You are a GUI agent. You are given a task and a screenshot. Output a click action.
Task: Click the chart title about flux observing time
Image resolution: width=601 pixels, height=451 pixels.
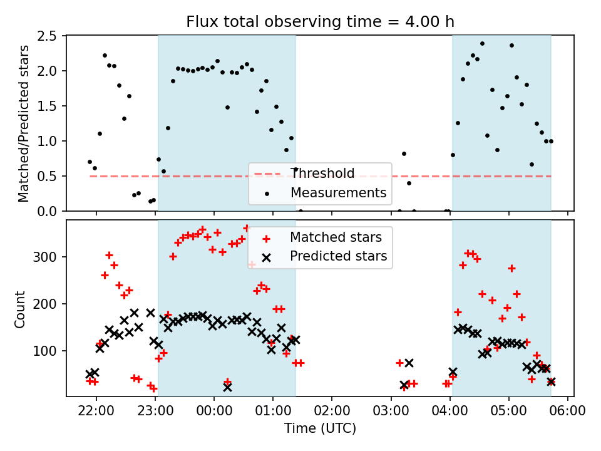(x=320, y=22)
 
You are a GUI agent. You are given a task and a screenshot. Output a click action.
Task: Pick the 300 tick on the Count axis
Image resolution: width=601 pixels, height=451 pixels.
(x=51, y=257)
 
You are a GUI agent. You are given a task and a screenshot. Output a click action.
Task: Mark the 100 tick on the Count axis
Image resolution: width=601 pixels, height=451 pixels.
(x=51, y=351)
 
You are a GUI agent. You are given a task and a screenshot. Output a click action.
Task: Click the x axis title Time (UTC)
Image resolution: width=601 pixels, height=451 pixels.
(x=320, y=429)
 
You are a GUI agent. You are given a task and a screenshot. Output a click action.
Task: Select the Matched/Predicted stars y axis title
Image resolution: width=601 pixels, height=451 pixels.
(x=24, y=123)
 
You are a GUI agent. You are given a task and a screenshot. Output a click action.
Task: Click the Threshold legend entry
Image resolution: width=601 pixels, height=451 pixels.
(x=322, y=174)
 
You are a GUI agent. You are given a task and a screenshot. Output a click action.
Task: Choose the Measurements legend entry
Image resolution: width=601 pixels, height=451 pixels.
(x=338, y=193)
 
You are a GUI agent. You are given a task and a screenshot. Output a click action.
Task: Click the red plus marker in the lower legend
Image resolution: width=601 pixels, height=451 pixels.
(x=267, y=237)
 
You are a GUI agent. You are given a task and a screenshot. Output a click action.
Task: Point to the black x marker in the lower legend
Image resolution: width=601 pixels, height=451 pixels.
(x=267, y=257)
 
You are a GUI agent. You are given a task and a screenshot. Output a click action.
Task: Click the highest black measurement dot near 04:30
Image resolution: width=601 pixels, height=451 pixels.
(x=482, y=44)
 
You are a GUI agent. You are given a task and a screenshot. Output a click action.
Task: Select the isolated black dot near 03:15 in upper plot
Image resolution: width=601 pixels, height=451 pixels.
(x=404, y=153)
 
